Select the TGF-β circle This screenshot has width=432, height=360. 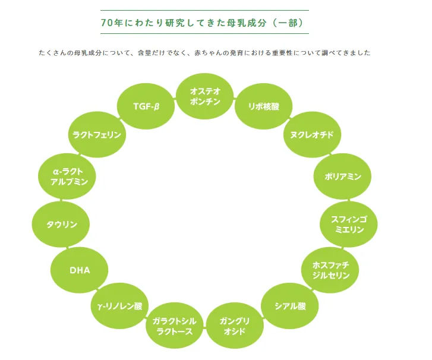coord(146,106)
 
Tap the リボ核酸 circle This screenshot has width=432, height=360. coord(264,106)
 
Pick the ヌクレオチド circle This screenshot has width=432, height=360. coord(307,135)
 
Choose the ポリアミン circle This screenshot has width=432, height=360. coord(338,176)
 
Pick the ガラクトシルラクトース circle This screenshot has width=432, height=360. coord(174,326)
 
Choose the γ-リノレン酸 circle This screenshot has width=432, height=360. coord(120,307)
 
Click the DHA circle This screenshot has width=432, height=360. coord(80,270)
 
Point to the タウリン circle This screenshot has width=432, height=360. coord(62,225)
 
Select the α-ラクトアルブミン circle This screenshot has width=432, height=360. coord(69,176)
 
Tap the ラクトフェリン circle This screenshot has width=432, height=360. coord(97,135)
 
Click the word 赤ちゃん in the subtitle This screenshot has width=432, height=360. coord(207,53)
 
